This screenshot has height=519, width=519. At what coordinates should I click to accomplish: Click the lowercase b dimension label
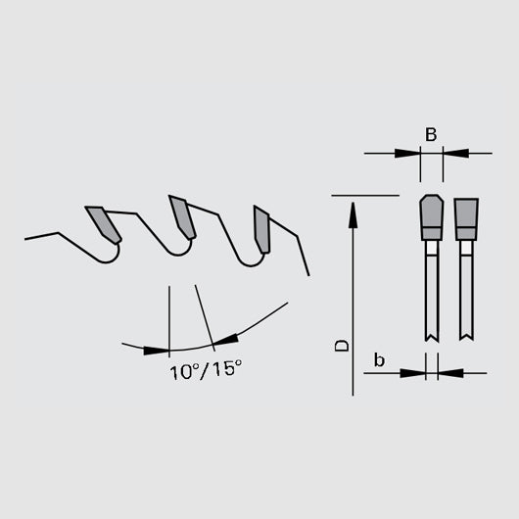tap(379, 361)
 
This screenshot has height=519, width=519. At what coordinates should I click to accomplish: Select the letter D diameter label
tap(340, 345)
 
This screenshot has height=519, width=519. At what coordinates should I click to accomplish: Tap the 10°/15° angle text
tap(204, 373)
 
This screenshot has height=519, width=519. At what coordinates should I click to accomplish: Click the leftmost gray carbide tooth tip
tap(103, 223)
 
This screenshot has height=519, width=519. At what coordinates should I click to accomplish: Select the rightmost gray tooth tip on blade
tap(261, 229)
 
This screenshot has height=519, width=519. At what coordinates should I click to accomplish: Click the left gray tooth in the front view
tap(430, 218)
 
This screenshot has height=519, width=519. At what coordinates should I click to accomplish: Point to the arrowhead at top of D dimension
tap(352, 208)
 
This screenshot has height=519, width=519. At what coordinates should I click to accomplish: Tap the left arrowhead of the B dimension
tap(406, 153)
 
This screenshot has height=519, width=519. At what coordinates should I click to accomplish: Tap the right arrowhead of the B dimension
tap(455, 153)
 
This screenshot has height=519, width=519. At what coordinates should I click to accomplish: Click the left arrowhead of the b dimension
tap(418, 373)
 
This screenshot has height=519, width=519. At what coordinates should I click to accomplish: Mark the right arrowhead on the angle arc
tap(226, 339)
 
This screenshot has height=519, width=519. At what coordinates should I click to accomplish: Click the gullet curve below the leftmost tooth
tap(111, 257)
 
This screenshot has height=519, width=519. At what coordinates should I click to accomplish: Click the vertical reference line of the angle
tap(169, 313)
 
